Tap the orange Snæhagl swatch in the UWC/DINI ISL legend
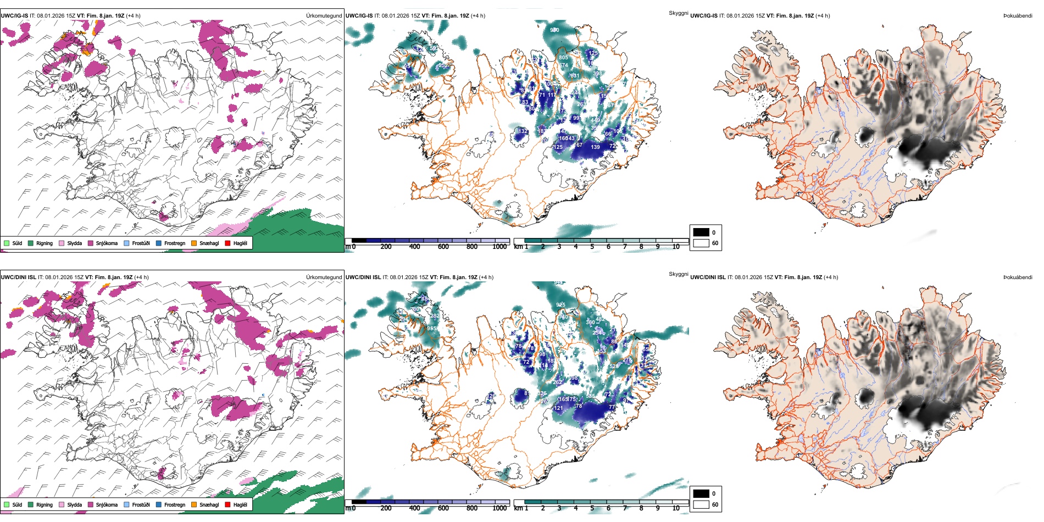pyautogui.click(x=194, y=505)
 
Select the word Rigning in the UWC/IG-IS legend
pyautogui.click(x=45, y=243)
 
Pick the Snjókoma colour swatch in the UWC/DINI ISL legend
pyautogui.click(x=90, y=505)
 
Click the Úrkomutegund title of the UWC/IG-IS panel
pyautogui.click(x=324, y=16)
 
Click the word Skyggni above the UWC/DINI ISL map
pyautogui.click(x=678, y=274)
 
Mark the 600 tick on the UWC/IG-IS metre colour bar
pyautogui.click(x=443, y=247)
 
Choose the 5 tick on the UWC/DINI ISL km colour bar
pyautogui.click(x=592, y=508)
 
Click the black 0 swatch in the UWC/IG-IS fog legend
pyautogui.click(x=701, y=232)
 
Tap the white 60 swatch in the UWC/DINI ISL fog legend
pyautogui.click(x=701, y=504)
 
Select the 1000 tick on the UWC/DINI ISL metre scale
pyautogui.click(x=499, y=508)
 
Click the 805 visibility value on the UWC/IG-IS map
pyautogui.click(x=563, y=58)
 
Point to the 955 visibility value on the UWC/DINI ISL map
pyautogui.click(x=432, y=329)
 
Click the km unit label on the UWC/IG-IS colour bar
pyautogui.click(x=518, y=247)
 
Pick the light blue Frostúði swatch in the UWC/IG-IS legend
pyautogui.click(x=127, y=243)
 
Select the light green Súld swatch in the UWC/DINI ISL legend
pyautogui.click(x=7, y=505)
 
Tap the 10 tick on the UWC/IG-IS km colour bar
pyautogui.click(x=676, y=247)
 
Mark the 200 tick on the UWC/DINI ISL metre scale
pyautogui.click(x=386, y=508)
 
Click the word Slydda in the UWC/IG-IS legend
pyautogui.click(x=74, y=243)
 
